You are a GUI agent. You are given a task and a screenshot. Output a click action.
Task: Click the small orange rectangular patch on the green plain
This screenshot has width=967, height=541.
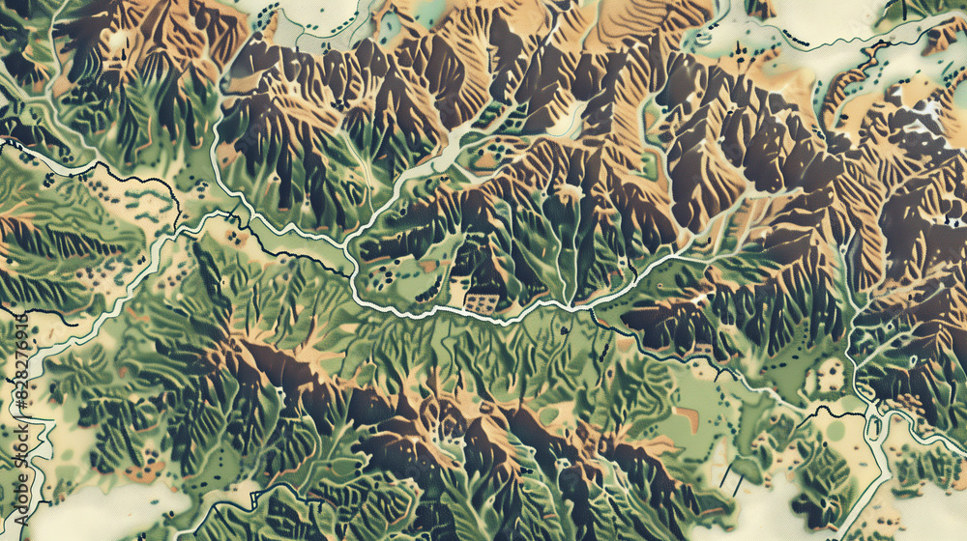(686, 417)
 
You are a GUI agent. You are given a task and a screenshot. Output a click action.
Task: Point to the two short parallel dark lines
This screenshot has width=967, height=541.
(727, 473)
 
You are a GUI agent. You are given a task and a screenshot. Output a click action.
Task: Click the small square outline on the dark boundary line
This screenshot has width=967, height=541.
(876, 425)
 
